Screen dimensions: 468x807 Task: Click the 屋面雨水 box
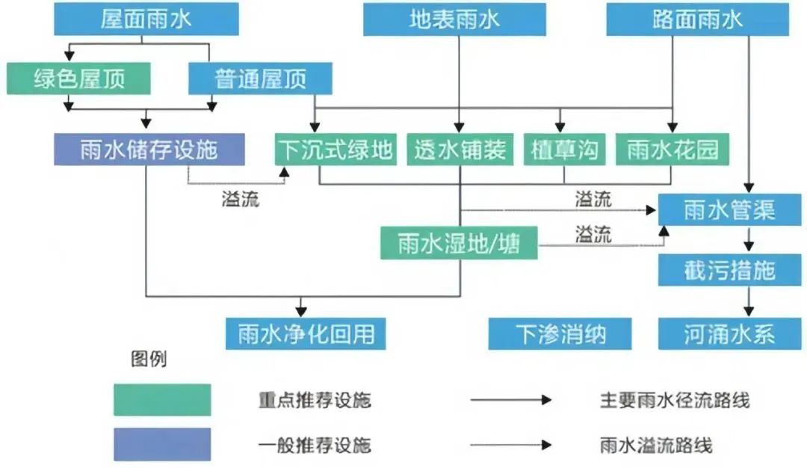pos(146,19)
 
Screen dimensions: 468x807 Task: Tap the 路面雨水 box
pos(697,19)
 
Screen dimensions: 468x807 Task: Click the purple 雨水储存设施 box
pos(149,150)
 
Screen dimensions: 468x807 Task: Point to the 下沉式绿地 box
pos(334,150)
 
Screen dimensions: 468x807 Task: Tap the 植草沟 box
pos(564,150)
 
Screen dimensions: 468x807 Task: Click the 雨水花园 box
pos(672,150)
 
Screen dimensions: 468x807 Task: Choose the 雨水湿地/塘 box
pos(459,244)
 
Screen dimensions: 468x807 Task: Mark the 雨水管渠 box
pos(729,210)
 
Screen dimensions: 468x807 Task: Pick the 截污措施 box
pos(729,270)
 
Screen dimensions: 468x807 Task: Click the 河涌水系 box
pos(729,333)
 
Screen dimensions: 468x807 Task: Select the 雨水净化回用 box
pos(306,333)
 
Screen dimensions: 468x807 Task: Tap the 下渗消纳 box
pos(560,333)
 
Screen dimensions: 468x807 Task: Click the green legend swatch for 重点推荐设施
pos(162,400)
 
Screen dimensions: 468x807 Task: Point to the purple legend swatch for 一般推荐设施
pos(162,445)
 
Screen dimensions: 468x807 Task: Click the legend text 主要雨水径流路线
pos(674,400)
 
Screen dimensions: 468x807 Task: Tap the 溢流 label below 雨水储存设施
pos(241,200)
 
